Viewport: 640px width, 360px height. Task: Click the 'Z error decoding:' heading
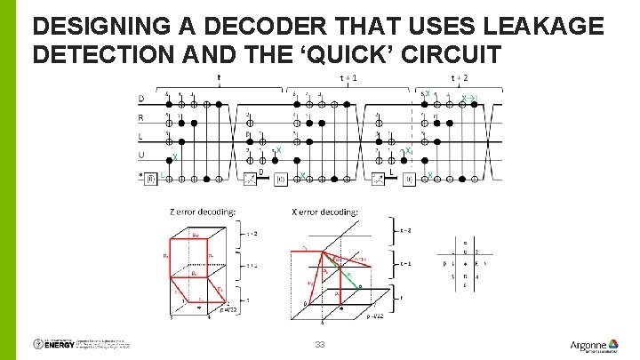point(203,212)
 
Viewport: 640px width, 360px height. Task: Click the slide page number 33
point(319,343)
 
